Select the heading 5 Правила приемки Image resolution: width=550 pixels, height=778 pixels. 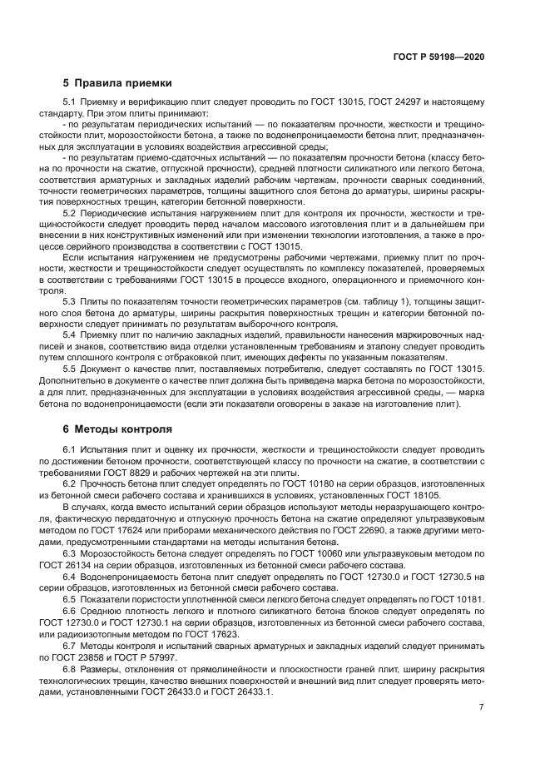point(117,82)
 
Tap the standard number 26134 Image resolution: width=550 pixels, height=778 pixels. point(106,578)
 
